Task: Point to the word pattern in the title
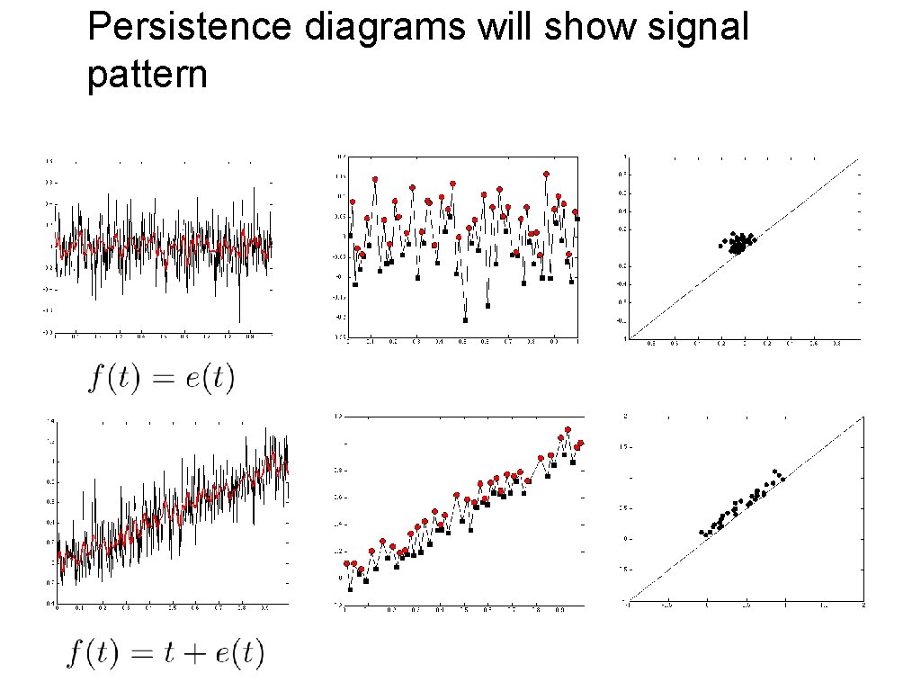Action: coord(148,76)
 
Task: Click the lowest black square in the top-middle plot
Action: coord(465,319)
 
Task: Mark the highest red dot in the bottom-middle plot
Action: coord(568,430)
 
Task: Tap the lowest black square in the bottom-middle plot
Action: coord(350,589)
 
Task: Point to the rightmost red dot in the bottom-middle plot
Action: coord(581,443)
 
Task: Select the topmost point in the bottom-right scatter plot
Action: coord(773,471)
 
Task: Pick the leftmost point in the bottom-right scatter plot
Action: coord(702,532)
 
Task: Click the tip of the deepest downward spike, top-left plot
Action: coord(239,321)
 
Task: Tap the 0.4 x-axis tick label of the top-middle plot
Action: coord(438,342)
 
